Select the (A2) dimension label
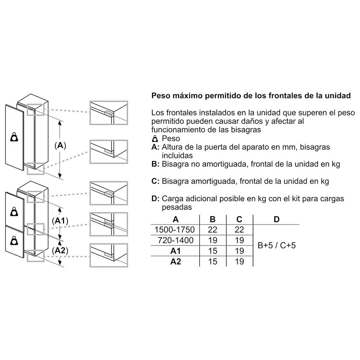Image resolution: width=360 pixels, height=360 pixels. pyautogui.click(x=60, y=250)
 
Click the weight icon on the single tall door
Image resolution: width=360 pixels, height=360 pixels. pyautogui.click(x=15, y=137)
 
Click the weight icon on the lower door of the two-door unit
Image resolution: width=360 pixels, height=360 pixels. pyautogui.click(x=15, y=240)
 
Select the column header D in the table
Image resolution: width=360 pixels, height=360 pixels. pyautogui.click(x=276, y=219)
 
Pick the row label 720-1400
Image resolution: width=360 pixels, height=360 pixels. pyautogui.click(x=175, y=240)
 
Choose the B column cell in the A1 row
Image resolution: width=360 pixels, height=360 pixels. pyautogui.click(x=213, y=251)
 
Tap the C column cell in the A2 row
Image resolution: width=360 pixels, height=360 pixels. pyautogui.click(x=239, y=261)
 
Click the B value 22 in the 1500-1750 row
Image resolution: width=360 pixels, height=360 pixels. pyautogui.click(x=213, y=230)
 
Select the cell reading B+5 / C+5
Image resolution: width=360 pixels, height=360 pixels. pyautogui.click(x=277, y=246)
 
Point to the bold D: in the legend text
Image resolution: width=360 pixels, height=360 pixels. pyautogui.click(x=155, y=198)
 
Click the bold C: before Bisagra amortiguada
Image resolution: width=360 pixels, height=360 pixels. pyautogui.click(x=155, y=181)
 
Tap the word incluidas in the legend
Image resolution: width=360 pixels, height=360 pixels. pyautogui.click(x=177, y=156)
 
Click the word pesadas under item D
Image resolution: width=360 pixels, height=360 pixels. pyautogui.click(x=177, y=207)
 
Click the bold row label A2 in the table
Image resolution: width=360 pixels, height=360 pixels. pyautogui.click(x=175, y=261)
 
